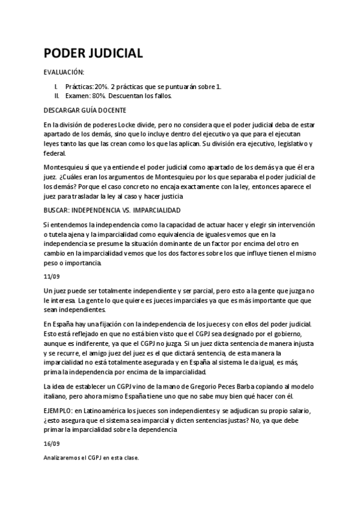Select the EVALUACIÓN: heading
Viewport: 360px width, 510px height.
[x=64, y=73]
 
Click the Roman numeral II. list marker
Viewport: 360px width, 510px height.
[x=56, y=95]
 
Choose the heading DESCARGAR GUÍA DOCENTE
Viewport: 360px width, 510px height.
[x=85, y=111]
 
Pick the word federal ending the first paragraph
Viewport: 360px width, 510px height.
[x=54, y=153]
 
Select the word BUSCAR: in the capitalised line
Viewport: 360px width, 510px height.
[x=57, y=210]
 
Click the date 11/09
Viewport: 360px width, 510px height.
[x=52, y=277]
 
